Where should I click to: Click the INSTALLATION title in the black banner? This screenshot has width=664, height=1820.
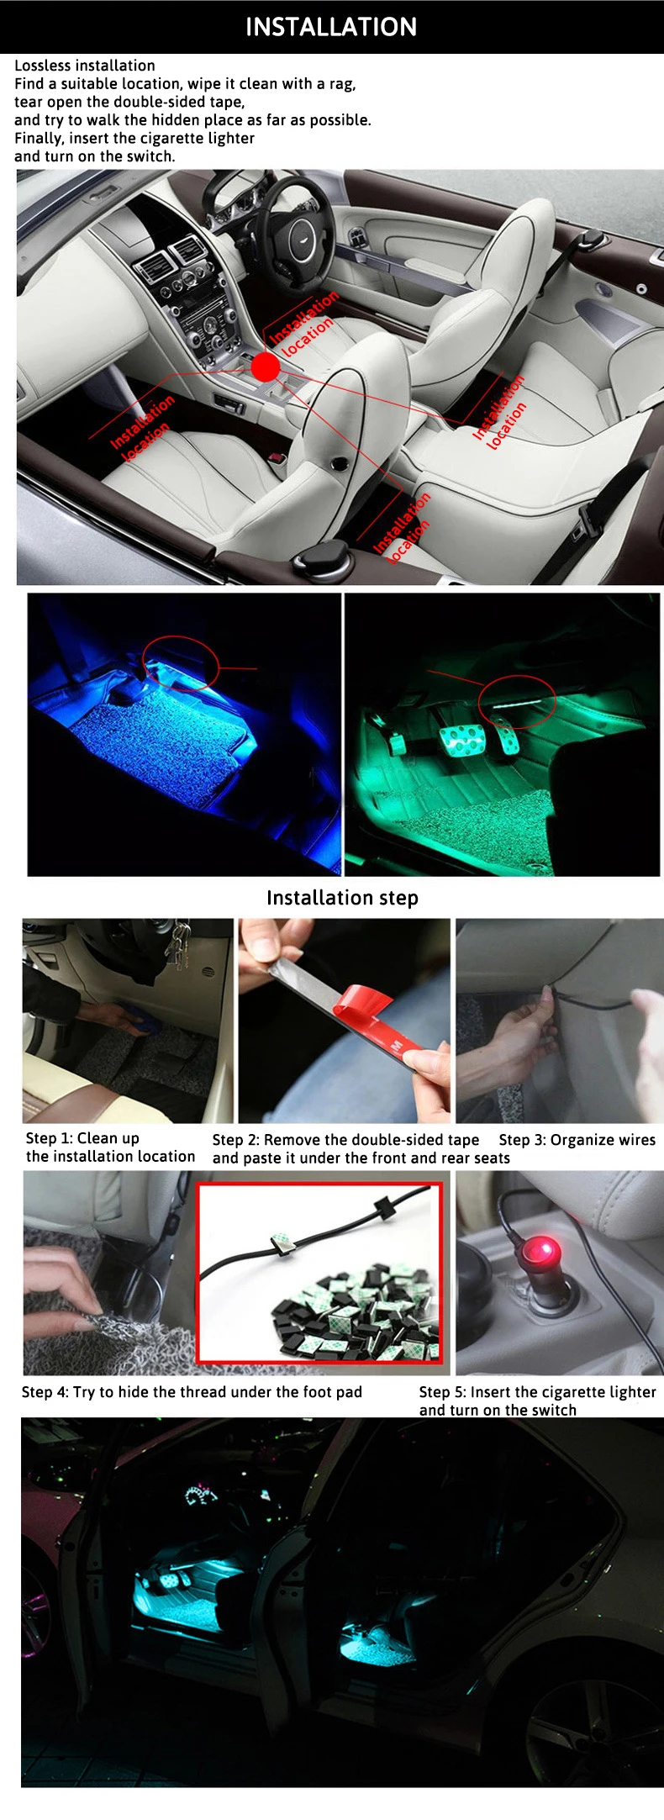[x=331, y=27]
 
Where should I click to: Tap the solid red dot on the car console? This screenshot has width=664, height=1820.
[x=266, y=366]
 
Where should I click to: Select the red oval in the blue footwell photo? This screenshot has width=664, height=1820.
[x=180, y=662]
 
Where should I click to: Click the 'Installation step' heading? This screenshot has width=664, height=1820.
[x=342, y=898]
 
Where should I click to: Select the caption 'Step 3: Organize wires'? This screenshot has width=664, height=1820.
[x=577, y=1140]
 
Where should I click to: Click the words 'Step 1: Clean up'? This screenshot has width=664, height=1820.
[x=82, y=1138]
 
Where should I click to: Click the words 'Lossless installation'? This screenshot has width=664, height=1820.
[x=85, y=66]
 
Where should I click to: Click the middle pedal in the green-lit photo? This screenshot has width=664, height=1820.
[x=461, y=741]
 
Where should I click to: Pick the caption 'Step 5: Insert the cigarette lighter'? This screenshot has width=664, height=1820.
[x=538, y=1392]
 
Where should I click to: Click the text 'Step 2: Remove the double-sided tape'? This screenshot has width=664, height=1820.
[x=345, y=1140]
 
